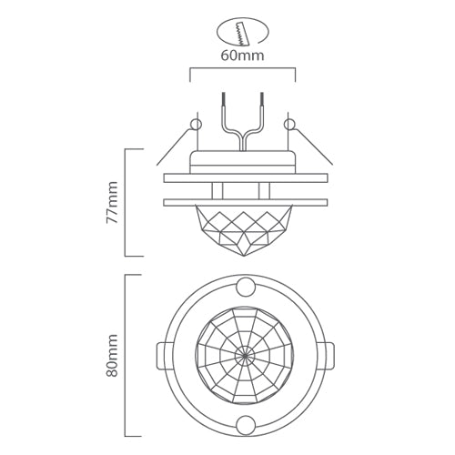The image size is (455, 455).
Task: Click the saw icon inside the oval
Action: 241,33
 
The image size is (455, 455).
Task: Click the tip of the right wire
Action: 261,94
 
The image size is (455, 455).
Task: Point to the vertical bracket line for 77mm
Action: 126,202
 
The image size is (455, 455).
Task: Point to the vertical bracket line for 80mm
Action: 126,355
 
